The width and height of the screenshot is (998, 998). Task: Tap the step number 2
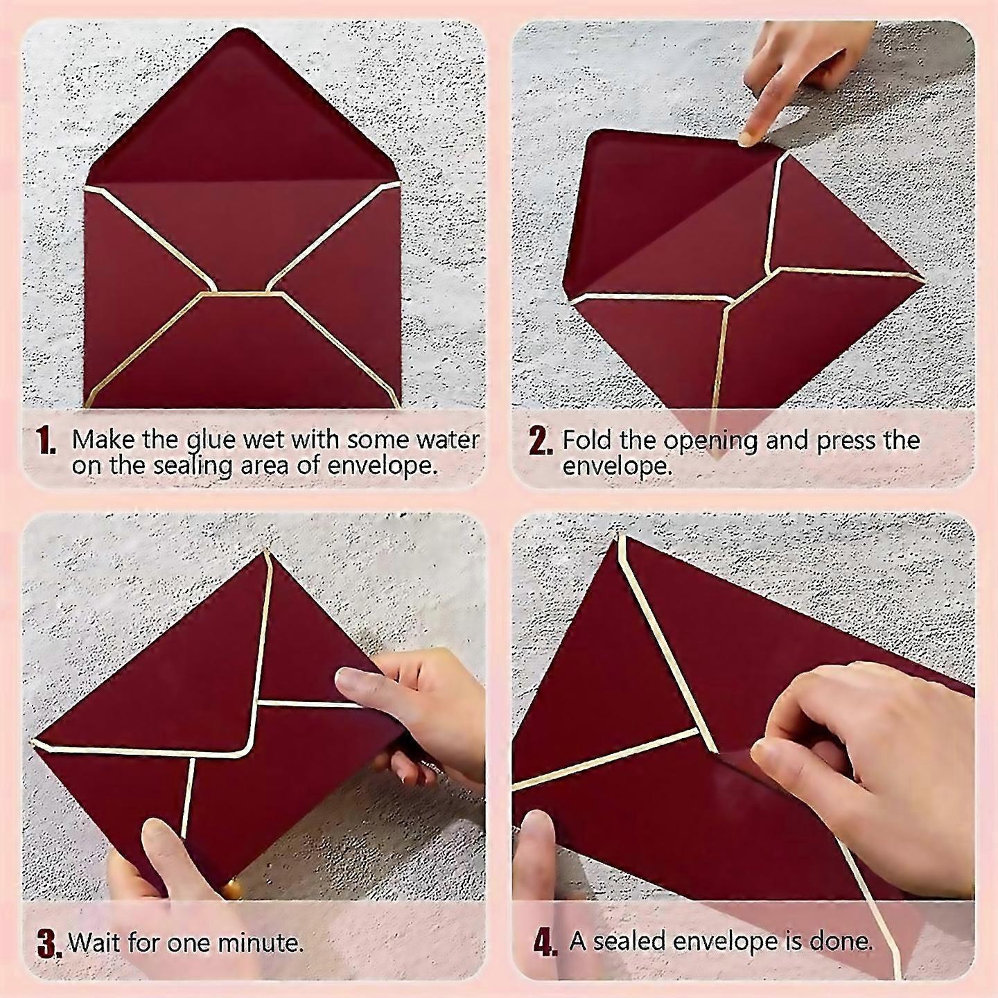coord(541,442)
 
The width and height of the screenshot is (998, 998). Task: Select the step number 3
coord(50,943)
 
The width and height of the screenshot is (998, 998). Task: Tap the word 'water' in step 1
coord(448,440)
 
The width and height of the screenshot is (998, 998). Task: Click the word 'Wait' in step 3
coord(95,942)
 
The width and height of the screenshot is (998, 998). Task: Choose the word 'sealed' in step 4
coord(629,941)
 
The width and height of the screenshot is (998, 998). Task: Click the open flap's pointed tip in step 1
coord(242,30)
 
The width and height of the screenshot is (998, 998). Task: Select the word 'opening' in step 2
coord(712,442)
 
